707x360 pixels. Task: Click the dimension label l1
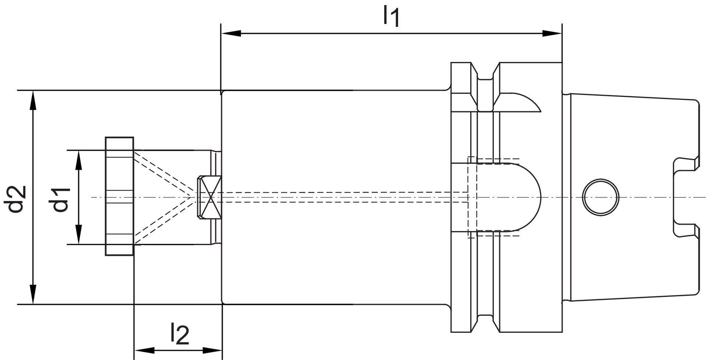point(391,17)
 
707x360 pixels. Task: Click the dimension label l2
point(180,334)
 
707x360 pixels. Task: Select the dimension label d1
point(61,199)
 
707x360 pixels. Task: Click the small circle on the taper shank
point(601,197)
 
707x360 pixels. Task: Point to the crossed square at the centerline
point(209,197)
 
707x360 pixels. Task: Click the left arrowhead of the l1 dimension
point(230,34)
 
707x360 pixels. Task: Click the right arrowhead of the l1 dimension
point(553,34)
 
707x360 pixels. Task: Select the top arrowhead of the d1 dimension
point(78,160)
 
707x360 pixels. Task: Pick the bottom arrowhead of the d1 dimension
point(78,234)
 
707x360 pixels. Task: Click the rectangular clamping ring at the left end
point(119,196)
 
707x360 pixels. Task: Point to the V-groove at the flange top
point(486,72)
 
